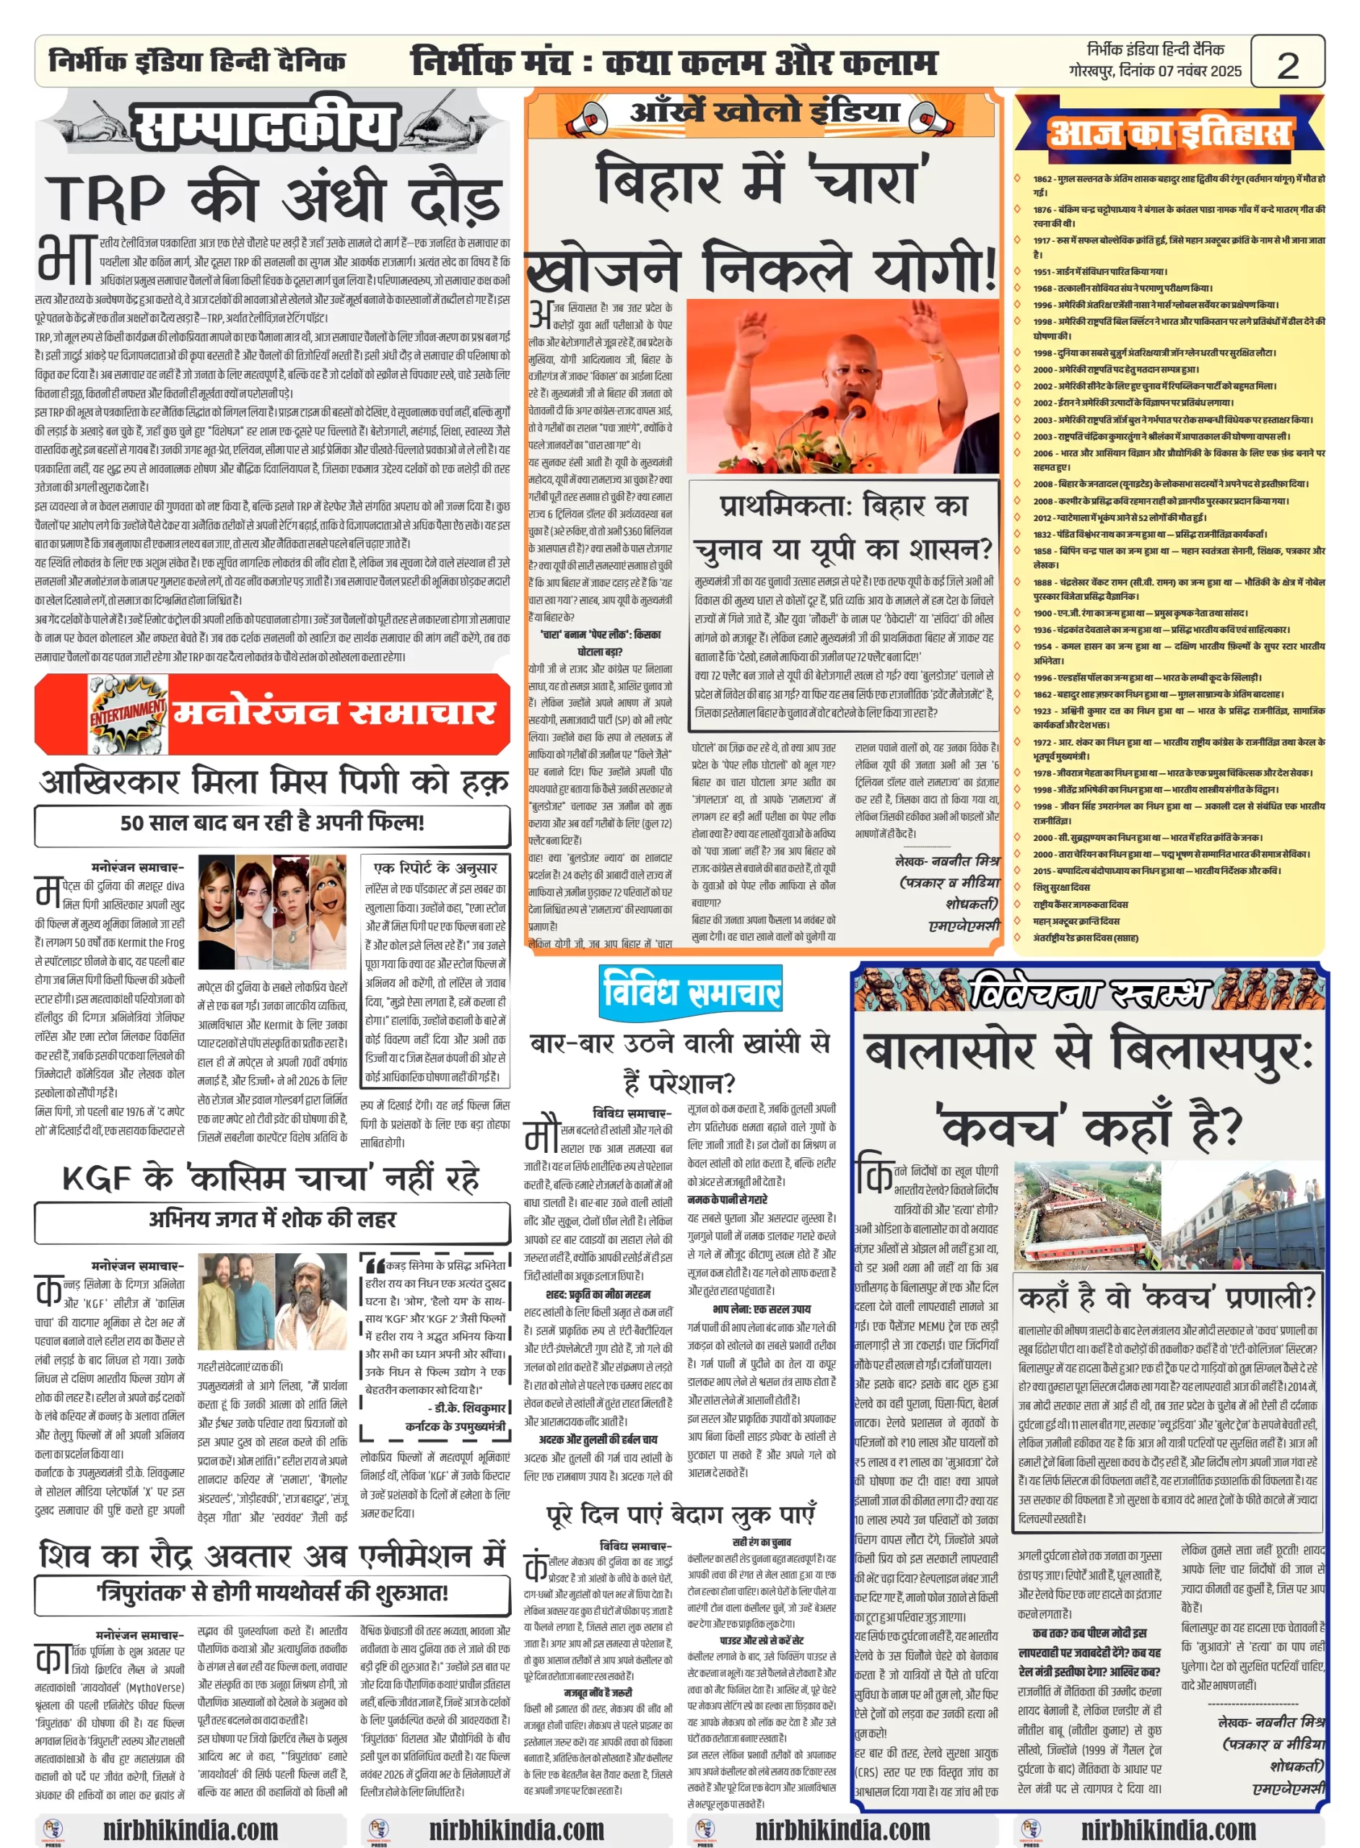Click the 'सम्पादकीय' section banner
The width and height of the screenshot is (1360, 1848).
[x=263, y=128]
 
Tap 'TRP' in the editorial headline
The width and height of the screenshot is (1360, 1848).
[x=106, y=199]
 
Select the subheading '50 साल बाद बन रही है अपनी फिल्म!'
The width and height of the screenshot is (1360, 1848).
[x=271, y=822]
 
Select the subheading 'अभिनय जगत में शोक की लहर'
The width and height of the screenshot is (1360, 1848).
[x=271, y=1219]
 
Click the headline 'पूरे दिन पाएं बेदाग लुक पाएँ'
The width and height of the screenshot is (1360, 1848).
[x=681, y=1514]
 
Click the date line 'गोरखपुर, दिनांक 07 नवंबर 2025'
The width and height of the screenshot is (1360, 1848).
[x=1154, y=71]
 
